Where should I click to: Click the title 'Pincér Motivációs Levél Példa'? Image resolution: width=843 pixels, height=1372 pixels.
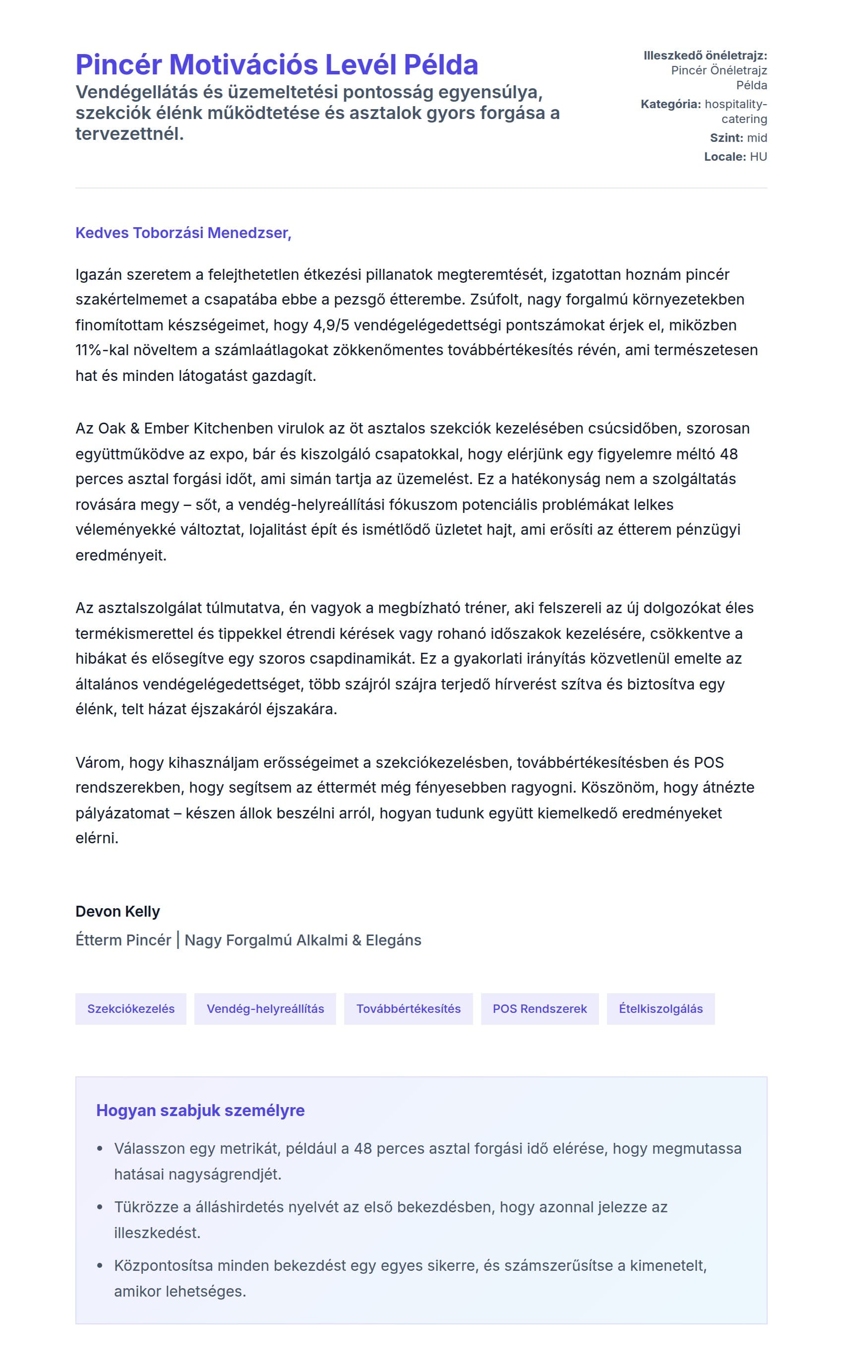click(277, 64)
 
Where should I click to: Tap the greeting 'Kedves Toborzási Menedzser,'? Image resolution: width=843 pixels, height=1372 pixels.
click(183, 233)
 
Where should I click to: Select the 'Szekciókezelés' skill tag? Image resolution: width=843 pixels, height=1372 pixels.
click(131, 1008)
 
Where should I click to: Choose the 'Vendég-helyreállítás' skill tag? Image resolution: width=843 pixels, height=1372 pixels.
click(265, 1008)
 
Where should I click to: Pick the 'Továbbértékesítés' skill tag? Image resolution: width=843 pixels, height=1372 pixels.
click(408, 1008)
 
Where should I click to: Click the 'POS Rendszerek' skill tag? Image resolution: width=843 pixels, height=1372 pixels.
click(540, 1008)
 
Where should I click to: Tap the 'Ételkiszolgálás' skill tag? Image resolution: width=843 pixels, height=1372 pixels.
click(661, 1008)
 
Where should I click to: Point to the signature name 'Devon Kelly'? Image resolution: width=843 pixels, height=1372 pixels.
click(118, 911)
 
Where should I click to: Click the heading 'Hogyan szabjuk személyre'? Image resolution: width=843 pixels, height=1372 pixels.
click(200, 1111)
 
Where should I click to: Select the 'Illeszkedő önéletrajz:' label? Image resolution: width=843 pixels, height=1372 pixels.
click(705, 56)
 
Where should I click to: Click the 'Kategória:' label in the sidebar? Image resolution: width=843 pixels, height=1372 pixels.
click(671, 104)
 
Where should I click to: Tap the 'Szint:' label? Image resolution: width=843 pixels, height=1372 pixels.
click(726, 138)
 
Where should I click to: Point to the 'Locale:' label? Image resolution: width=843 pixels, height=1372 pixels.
click(725, 157)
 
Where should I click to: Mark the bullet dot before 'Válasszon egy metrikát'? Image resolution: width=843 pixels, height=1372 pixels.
click(100, 1149)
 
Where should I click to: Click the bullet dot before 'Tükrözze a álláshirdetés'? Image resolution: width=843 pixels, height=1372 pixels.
click(100, 1207)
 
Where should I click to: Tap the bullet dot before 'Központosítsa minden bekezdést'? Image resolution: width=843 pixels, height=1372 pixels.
click(100, 1266)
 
